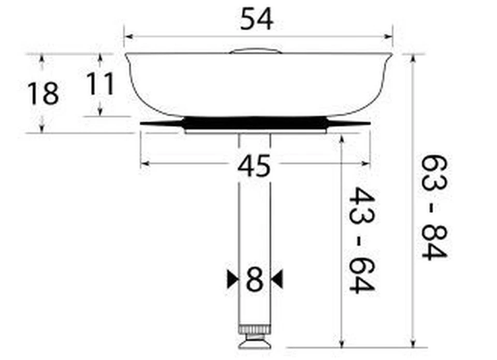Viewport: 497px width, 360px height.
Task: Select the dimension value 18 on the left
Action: pyautogui.click(x=43, y=94)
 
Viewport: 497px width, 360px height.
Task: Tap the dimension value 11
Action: pyautogui.click(x=99, y=84)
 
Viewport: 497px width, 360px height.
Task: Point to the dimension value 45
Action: pyautogui.click(x=254, y=166)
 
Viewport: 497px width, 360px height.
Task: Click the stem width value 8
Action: pyautogui.click(x=254, y=280)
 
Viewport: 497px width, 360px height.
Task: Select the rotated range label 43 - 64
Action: pyautogui.click(x=361, y=240)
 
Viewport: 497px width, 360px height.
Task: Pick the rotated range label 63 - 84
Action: pyautogui.click(x=434, y=207)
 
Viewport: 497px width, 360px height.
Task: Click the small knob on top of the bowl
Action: pyautogui.click(x=255, y=51)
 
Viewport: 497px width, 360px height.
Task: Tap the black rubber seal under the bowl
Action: pyautogui.click(x=255, y=123)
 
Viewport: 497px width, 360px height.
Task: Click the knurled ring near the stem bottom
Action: pyautogui.click(x=254, y=329)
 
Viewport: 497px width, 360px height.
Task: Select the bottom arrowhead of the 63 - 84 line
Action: pyautogui.click(x=413, y=342)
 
